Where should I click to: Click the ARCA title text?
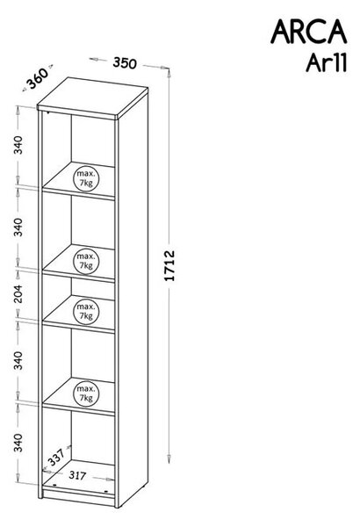[x=308, y=32]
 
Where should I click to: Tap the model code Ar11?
[x=326, y=63]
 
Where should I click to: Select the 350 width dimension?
[x=125, y=63]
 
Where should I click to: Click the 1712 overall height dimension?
[x=169, y=265]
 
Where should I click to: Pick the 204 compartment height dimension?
[x=18, y=293]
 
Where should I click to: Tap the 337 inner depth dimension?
[x=56, y=457]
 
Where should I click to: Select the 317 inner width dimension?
[x=77, y=475]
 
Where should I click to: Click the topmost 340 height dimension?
[x=18, y=145]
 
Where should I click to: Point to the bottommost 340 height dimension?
[x=18, y=443]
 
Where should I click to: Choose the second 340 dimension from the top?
[x=18, y=227]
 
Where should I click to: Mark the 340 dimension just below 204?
[x=18, y=360]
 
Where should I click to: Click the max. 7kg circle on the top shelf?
[x=86, y=178]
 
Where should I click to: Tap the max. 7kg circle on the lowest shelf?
[x=86, y=393]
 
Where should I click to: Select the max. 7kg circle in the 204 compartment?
[x=86, y=312]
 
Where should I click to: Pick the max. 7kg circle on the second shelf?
[x=86, y=261]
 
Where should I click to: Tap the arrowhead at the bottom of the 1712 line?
[x=169, y=458]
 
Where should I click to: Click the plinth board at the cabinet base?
[x=79, y=497]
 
